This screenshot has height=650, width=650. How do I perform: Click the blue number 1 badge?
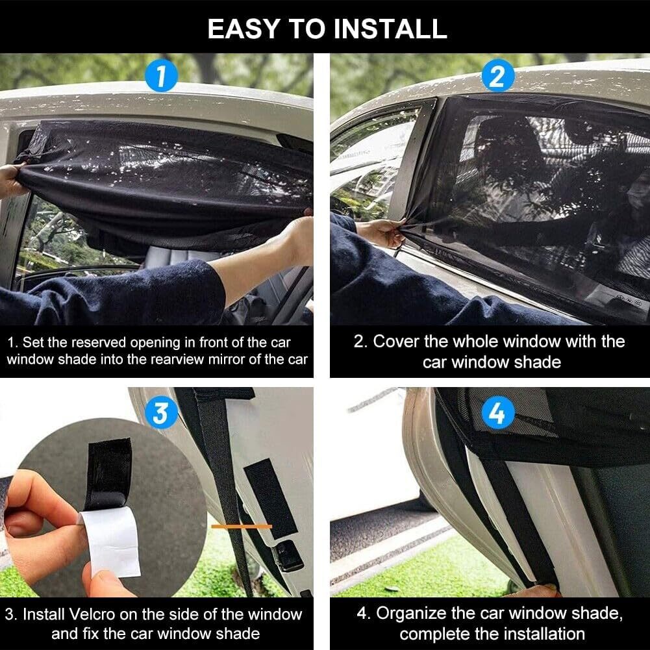click(x=161, y=75)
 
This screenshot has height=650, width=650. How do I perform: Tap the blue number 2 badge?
click(x=498, y=75)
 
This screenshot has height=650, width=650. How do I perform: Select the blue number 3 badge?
click(x=161, y=412)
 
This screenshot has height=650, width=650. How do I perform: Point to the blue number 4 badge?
click(x=498, y=412)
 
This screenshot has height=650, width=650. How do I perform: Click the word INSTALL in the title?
click(x=390, y=29)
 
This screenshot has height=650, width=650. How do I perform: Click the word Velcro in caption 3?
click(x=92, y=614)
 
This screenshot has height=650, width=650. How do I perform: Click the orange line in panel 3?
click(x=242, y=527)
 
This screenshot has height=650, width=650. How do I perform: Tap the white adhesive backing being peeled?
click(x=111, y=542)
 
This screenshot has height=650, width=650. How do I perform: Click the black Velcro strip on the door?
click(x=270, y=498)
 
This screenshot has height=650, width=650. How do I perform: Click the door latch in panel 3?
click(x=288, y=555)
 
